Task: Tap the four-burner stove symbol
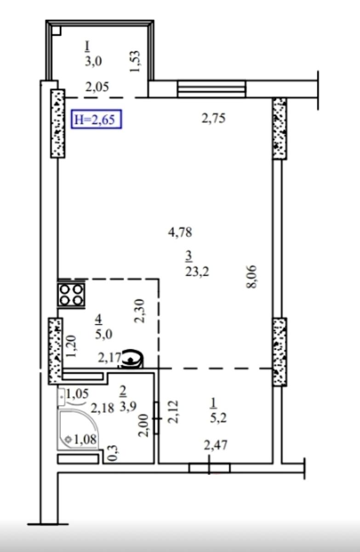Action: (71, 295)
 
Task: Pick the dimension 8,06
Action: (251, 276)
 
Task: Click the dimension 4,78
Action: (180, 232)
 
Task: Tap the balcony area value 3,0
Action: (93, 61)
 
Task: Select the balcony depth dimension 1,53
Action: (135, 61)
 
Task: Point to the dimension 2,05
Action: (97, 87)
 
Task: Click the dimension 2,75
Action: (213, 118)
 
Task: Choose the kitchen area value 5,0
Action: (103, 334)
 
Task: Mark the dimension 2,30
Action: (139, 311)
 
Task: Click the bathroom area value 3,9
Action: (128, 407)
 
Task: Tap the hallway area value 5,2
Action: (218, 419)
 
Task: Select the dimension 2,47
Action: (216, 445)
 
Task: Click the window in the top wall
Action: (211, 89)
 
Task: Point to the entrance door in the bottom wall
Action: (209, 468)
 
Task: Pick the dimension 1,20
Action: (72, 346)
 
